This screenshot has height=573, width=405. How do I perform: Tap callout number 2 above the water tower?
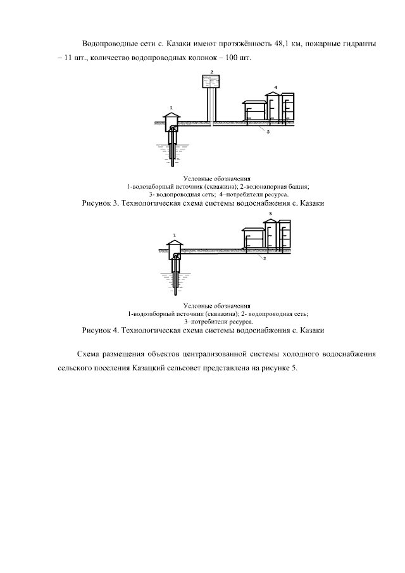pos(211,72)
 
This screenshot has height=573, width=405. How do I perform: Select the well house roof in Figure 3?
pos(171,116)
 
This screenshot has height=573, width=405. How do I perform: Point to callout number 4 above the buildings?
pos(276,86)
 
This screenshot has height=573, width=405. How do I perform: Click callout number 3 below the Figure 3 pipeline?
pos(268,132)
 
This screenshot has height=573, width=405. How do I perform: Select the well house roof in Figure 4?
pos(173,242)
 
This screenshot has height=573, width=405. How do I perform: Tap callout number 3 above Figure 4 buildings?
pos(270,215)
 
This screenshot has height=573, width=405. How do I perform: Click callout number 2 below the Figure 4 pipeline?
pos(264,259)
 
